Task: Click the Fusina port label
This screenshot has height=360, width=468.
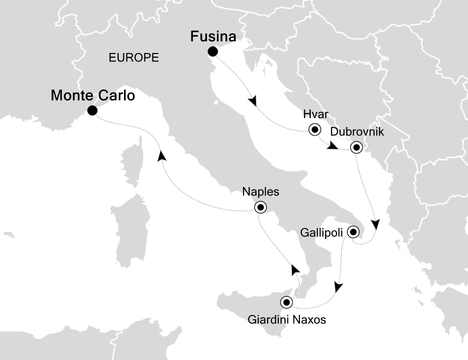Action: (213, 37)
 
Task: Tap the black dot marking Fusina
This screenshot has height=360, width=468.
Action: (213, 51)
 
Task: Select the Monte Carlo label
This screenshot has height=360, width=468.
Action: (93, 95)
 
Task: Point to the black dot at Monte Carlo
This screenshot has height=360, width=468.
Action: (92, 111)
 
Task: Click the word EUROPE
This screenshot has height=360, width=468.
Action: (133, 58)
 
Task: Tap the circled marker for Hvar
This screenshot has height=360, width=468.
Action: (315, 130)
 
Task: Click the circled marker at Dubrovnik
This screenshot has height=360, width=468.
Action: (356, 147)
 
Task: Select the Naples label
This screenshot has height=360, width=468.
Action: (260, 191)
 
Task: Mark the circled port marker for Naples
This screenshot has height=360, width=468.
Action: (260, 207)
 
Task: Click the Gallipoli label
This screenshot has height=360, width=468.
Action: (321, 232)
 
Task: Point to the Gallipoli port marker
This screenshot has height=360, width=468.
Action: (353, 232)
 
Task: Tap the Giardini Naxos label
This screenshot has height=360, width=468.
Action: (287, 319)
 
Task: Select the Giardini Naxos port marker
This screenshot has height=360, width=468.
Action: (286, 302)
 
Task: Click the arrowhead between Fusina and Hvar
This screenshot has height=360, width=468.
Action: (253, 101)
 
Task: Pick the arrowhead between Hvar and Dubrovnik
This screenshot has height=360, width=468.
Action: (332, 146)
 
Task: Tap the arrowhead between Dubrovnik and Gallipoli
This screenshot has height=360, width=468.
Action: (374, 223)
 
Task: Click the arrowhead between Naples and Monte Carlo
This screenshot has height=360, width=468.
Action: (161, 156)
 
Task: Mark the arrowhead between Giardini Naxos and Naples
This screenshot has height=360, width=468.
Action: (295, 270)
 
